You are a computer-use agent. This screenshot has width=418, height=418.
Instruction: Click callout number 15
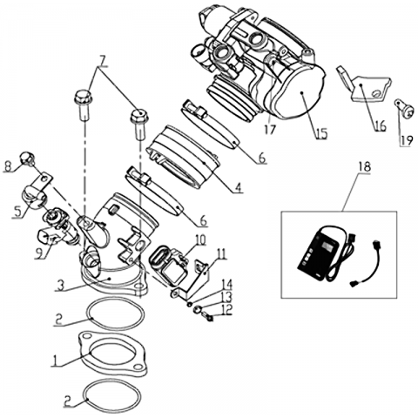pos(321,134)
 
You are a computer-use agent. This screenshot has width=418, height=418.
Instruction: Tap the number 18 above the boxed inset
pos(365,167)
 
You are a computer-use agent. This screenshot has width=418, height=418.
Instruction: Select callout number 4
pos(238,188)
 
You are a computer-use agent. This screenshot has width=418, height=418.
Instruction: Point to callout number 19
pos(407,141)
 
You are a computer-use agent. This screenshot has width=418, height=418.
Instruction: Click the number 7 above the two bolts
pos(101,61)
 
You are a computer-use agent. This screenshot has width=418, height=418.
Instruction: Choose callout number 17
pos(270,130)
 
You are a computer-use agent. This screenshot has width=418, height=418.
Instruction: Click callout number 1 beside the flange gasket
pos(54,361)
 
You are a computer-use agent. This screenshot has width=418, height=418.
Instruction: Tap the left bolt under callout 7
pos(83,104)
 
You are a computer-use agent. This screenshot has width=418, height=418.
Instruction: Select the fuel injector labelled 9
pos(58,229)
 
